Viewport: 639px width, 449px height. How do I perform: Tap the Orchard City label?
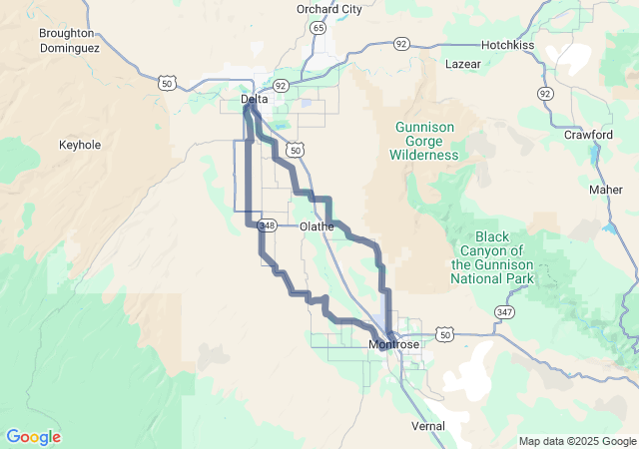pos(328,9)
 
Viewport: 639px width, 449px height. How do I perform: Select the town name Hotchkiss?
pos(510,45)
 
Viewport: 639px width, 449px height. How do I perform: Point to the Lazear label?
pos(463,64)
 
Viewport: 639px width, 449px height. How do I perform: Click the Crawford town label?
pos(588,134)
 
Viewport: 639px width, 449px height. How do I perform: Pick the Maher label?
pos(605,190)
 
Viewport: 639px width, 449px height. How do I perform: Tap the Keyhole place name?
pos(80,145)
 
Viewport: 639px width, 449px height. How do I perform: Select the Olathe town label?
pos(317,226)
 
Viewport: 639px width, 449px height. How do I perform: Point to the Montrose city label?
pos(394,344)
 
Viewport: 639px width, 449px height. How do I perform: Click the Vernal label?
pos(428,425)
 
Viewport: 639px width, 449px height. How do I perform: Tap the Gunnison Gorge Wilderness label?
pos(426,141)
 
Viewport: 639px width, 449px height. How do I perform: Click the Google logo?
pos(33,437)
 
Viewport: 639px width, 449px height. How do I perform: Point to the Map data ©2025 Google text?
pos(576,441)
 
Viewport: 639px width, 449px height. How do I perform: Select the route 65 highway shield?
pos(317,28)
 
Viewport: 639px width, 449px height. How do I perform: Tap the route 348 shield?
pos(267,225)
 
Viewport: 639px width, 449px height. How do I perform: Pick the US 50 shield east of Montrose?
pos(444,334)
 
